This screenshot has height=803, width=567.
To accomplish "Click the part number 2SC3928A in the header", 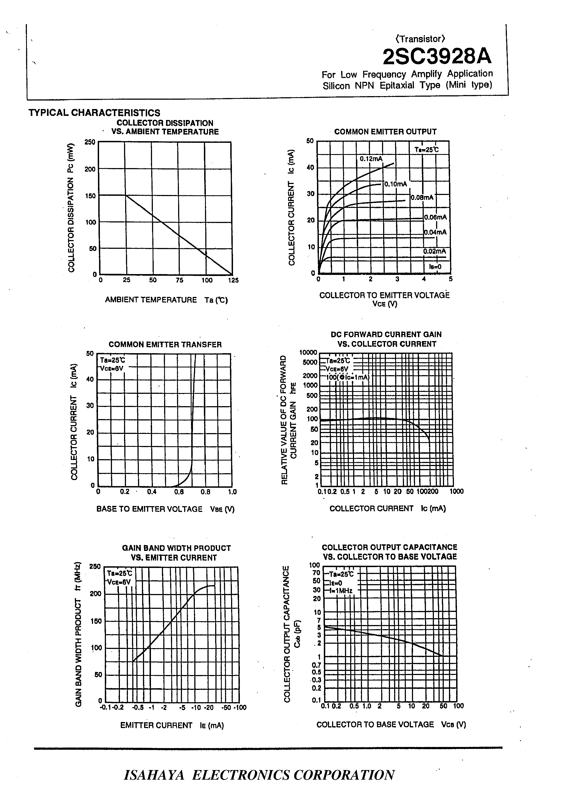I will coord(437,57).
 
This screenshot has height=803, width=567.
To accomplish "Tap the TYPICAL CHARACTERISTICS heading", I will coord(94,113).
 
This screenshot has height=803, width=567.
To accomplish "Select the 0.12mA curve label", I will coord(371,159).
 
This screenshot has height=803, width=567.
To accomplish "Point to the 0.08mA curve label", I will coord(422,198).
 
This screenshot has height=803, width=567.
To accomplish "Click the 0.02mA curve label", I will coord(434,251).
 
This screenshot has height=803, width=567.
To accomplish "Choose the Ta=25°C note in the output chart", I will coord(426,150).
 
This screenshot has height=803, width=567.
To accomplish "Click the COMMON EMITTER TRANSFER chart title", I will coord(165,344).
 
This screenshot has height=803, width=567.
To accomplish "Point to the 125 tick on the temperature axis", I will coord(233,280).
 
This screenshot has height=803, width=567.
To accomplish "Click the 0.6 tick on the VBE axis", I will coord(179,492).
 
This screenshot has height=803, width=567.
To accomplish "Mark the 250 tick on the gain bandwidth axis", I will coord(95,567).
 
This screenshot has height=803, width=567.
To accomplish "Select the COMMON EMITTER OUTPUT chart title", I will coord(385,132).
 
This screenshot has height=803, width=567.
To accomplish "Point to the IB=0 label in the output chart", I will coord(435,267).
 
